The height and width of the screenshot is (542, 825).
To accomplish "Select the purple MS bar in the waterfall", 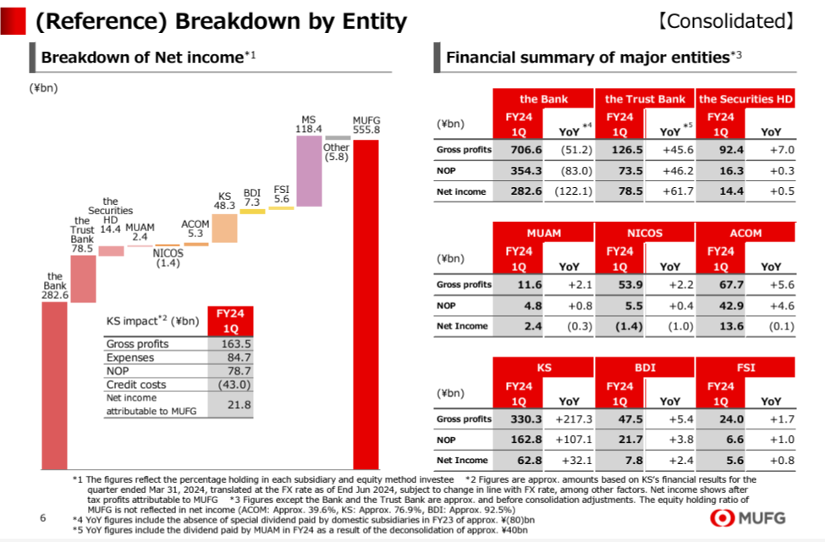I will [309, 170].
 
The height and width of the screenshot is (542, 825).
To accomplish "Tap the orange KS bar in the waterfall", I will [224, 228].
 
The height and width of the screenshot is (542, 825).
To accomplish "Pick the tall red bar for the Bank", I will [54, 385].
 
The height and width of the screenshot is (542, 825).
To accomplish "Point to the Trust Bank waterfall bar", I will [83, 279].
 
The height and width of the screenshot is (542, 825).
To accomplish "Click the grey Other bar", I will [338, 137].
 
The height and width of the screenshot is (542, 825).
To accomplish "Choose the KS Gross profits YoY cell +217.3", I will [574, 419].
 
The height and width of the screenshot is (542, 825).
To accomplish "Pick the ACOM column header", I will [745, 233].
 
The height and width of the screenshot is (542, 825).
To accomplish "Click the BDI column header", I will [645, 368].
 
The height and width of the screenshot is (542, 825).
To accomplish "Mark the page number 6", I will [42, 517].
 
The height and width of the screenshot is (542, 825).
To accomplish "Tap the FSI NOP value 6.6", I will [720, 440].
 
